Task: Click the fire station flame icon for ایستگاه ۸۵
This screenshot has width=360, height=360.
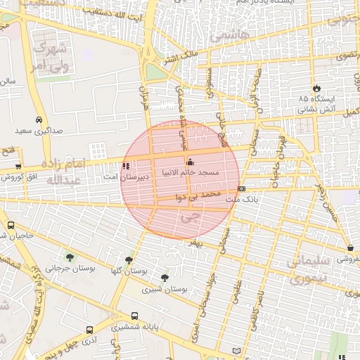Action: click(x=318, y=89)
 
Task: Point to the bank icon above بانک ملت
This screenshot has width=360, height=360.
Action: click(x=241, y=188)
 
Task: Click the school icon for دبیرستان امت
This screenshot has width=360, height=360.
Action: click(x=126, y=167)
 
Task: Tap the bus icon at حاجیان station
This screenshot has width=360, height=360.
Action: click(x=11, y=226)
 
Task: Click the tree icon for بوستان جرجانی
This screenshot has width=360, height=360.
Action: click(x=69, y=256)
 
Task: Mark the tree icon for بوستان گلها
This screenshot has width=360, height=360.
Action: click(x=128, y=259)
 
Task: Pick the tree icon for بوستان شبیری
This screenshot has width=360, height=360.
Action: click(x=165, y=278)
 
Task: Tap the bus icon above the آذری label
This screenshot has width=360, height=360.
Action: click(x=89, y=330)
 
